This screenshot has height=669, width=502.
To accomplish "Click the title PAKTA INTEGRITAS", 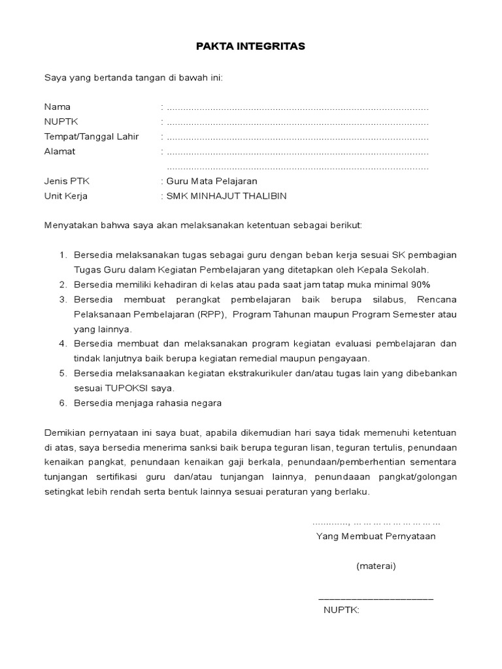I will (x=250, y=47).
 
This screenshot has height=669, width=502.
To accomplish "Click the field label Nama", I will (x=58, y=106).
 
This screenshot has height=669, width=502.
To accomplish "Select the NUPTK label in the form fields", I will (x=60, y=122).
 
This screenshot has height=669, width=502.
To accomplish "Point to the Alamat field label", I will (x=59, y=152).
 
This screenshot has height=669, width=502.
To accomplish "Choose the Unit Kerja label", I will (x=65, y=196).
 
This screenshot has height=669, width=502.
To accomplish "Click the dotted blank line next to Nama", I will (x=297, y=107).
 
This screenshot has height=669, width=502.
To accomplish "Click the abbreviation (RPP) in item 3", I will (x=212, y=314).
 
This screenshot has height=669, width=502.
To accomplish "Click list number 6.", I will (x=63, y=403).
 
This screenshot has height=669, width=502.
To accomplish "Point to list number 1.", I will (x=63, y=254).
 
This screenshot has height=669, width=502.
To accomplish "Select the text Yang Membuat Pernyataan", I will (x=376, y=536).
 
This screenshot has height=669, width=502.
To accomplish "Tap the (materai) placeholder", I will (x=376, y=566).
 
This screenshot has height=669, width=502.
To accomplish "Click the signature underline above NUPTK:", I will (x=375, y=598).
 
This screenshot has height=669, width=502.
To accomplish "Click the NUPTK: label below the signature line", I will (x=341, y=611).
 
